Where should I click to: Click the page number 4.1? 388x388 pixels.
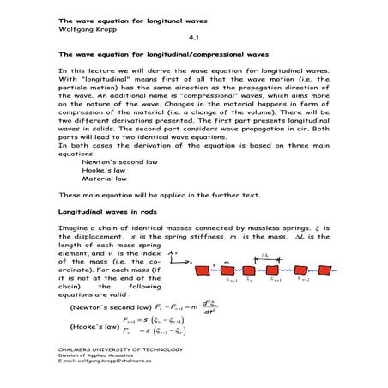(193, 38)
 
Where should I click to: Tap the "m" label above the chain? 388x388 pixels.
(225, 260)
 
